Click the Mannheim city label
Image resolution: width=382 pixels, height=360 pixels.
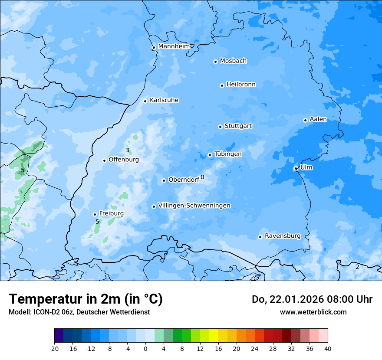[x=174, y=46]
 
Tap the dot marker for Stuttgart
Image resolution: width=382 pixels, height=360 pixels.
[x=220, y=127]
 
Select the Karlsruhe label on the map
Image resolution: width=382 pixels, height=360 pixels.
[x=164, y=100]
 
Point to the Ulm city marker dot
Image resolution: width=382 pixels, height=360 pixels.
[x=296, y=168]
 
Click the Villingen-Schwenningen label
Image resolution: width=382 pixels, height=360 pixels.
[x=194, y=206]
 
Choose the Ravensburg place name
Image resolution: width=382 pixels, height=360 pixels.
[x=283, y=236]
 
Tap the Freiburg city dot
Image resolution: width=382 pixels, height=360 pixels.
[x=95, y=214]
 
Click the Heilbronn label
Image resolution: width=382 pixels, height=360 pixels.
[x=241, y=85]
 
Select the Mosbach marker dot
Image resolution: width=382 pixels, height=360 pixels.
[x=215, y=62]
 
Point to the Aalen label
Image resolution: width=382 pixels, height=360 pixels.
[x=318, y=119]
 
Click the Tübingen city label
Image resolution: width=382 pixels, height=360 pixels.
[x=228, y=154]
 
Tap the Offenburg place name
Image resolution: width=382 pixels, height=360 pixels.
[x=124, y=160]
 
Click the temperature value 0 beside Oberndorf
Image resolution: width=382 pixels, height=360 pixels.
[x=202, y=177]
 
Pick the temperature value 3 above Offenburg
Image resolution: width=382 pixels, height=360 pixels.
[x=127, y=151]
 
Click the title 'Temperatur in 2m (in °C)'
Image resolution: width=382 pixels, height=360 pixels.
[x=86, y=299]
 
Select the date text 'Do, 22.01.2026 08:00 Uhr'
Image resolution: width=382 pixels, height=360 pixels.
[x=312, y=299]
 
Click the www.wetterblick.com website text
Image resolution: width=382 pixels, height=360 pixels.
[x=313, y=312]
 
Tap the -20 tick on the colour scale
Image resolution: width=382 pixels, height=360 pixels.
[x=54, y=349]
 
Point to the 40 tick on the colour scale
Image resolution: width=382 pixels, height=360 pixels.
[x=328, y=349]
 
